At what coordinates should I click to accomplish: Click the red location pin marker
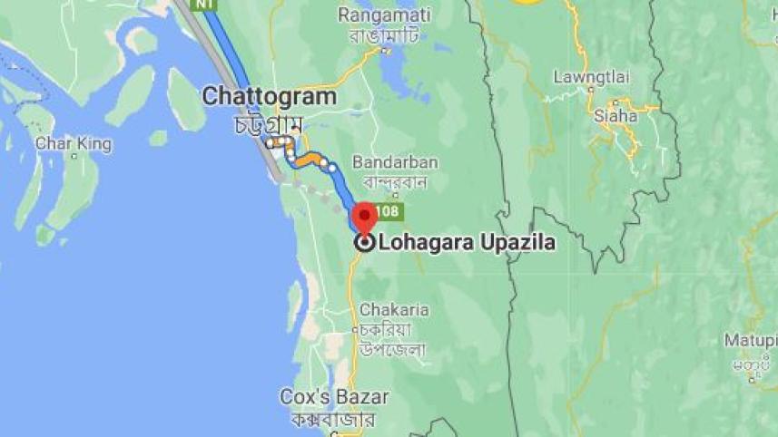click(x=364, y=216)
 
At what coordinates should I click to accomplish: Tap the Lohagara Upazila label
click(x=467, y=243)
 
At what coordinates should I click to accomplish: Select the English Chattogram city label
click(x=269, y=96)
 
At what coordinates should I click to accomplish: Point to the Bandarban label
click(x=395, y=162)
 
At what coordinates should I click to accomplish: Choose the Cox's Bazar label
click(x=334, y=397)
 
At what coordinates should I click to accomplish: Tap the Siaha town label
click(x=610, y=115)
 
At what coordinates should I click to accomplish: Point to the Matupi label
click(x=751, y=341)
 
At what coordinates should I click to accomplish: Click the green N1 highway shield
click(x=206, y=5)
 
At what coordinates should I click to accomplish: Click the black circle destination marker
click(x=365, y=242)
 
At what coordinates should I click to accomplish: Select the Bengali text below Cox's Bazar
click(x=334, y=419)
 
